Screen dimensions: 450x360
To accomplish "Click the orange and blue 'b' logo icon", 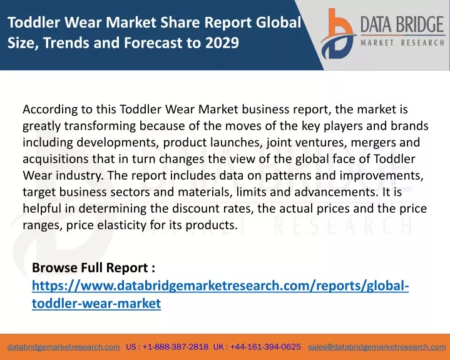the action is pos(338,34).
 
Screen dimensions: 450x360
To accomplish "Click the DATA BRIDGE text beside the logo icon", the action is pos(402,24).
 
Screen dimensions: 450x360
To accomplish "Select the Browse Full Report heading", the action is pos(93,267).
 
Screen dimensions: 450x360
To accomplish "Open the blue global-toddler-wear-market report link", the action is pos(220,294).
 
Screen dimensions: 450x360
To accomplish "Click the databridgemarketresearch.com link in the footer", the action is pos(64,347).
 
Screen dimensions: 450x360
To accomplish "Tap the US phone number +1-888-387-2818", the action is pos(175,347).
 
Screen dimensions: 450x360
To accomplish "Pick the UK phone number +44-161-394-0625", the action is pos(265,347).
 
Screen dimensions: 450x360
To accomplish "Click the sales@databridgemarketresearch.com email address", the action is pos(377,347).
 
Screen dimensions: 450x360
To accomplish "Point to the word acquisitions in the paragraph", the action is pos(55,159).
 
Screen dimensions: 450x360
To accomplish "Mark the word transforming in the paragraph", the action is pos(100,126).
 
